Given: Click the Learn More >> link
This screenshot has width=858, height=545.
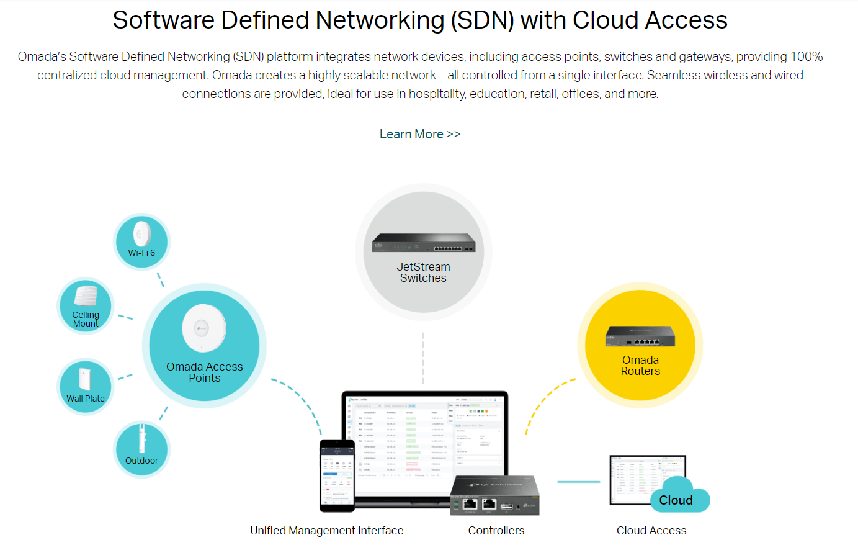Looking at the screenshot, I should (x=419, y=134).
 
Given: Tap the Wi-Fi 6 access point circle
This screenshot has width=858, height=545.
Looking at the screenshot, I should (x=141, y=241).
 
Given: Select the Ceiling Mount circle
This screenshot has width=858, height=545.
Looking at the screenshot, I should (x=86, y=306).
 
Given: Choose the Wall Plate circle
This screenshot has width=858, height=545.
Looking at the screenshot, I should (x=86, y=387).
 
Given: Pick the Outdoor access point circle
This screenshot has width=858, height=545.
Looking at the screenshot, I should (x=141, y=449).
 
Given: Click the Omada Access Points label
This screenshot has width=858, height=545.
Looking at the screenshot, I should (x=204, y=372).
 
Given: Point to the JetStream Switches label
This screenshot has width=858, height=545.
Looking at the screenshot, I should (x=423, y=272).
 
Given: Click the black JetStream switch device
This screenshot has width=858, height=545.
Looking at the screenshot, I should (x=423, y=243).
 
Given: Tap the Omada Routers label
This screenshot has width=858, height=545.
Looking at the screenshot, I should (x=640, y=366).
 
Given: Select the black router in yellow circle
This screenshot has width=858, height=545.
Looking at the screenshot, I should (x=640, y=336).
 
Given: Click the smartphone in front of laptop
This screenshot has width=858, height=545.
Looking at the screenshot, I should (x=337, y=476).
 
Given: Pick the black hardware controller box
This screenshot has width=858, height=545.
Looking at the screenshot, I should (x=494, y=495).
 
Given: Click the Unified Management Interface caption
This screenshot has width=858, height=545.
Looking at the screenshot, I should (x=327, y=531).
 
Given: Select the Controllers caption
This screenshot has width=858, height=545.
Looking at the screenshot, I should (x=496, y=531).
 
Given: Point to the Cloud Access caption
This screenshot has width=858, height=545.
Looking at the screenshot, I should (x=651, y=531).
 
